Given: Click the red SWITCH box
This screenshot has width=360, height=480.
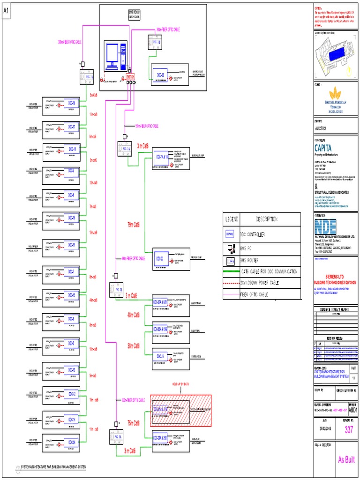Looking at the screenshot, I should pyautogui.click(x=130, y=76).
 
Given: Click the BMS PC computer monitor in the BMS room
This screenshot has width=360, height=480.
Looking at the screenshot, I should pyautogui.click(x=113, y=55).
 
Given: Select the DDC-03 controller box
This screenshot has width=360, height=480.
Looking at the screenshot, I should pyautogui.click(x=160, y=75).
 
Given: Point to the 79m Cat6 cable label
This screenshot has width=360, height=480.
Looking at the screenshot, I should pyautogui.click(x=134, y=225).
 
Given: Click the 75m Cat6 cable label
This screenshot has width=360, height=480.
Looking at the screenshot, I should pyautogui.click(x=134, y=423).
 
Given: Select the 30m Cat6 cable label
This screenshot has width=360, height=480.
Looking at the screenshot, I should pyautogui.click(x=134, y=346).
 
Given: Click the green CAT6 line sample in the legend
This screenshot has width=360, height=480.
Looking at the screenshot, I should pyautogui.click(x=230, y=271).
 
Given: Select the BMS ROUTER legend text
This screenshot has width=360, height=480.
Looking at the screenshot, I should pyautogui.click(x=249, y=259).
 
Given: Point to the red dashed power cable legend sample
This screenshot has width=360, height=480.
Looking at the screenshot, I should pyautogui.click(x=230, y=284).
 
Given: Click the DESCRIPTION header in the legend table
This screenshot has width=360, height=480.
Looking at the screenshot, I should pyautogui.click(x=266, y=219).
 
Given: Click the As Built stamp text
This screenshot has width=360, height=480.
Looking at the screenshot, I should pyautogui.click(x=346, y=460).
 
